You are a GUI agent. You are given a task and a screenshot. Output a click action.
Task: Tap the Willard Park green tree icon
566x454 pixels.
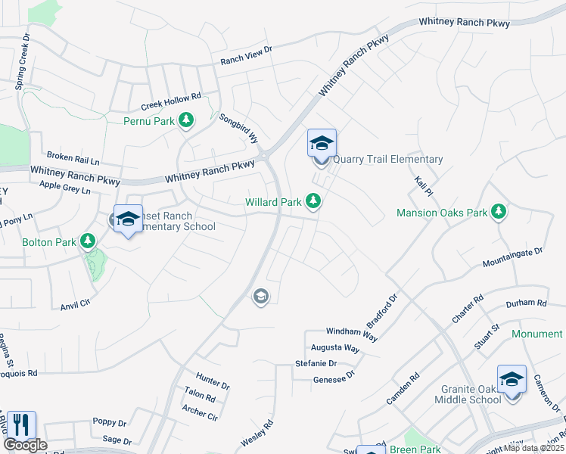click(314, 201)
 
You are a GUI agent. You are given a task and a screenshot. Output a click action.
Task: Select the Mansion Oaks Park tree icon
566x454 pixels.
click(498, 213)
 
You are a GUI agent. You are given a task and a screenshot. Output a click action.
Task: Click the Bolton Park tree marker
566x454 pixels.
click(89, 241)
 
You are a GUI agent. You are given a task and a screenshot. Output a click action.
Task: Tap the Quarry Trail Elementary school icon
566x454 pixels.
click(322, 144)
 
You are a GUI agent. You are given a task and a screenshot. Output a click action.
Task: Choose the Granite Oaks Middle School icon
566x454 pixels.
click(512, 379)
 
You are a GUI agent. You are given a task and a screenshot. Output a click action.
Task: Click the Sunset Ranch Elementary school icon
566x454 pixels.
click(128, 219)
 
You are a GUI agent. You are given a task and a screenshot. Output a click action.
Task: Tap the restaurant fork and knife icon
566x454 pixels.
click(21, 425)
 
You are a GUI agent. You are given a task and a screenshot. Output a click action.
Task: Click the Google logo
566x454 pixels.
click(25, 445)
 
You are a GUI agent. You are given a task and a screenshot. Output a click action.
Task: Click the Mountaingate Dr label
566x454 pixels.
click(513, 257)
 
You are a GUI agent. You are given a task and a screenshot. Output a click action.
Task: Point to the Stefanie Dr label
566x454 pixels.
click(316, 364)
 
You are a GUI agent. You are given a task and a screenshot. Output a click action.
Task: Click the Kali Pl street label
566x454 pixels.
click(423, 185)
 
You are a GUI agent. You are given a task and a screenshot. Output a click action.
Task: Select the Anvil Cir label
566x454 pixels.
click(76, 304)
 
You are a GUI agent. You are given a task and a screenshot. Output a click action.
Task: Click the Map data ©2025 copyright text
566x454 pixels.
click(535, 448)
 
